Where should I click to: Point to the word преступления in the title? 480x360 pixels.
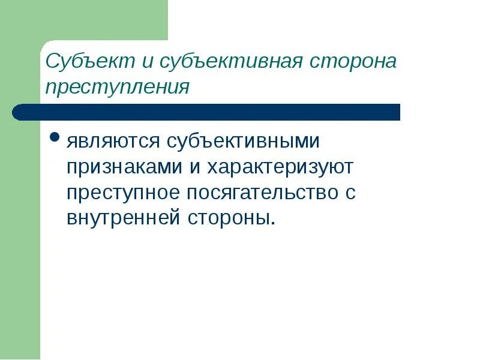[x=118, y=88]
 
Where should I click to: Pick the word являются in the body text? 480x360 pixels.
[x=113, y=143]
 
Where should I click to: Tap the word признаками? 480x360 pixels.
[x=125, y=168]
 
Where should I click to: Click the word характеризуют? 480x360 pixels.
[x=280, y=168]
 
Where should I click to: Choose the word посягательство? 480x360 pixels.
[x=263, y=193]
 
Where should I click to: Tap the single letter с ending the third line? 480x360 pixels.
[x=350, y=194]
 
